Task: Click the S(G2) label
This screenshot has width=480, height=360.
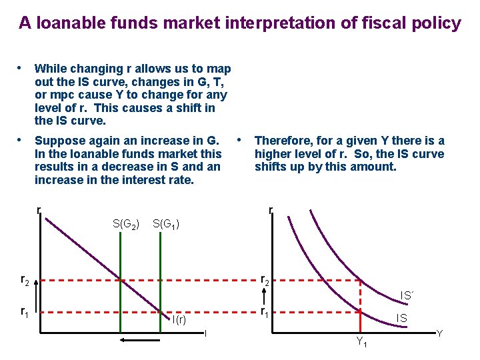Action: [x=125, y=224]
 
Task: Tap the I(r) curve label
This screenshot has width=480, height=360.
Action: [x=179, y=319]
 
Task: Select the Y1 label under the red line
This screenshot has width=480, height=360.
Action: [x=361, y=343]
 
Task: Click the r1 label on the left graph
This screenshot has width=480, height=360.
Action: [x=25, y=311]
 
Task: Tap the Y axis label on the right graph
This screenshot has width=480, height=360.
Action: [x=439, y=333]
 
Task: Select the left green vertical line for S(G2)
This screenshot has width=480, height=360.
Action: [x=119, y=280]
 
